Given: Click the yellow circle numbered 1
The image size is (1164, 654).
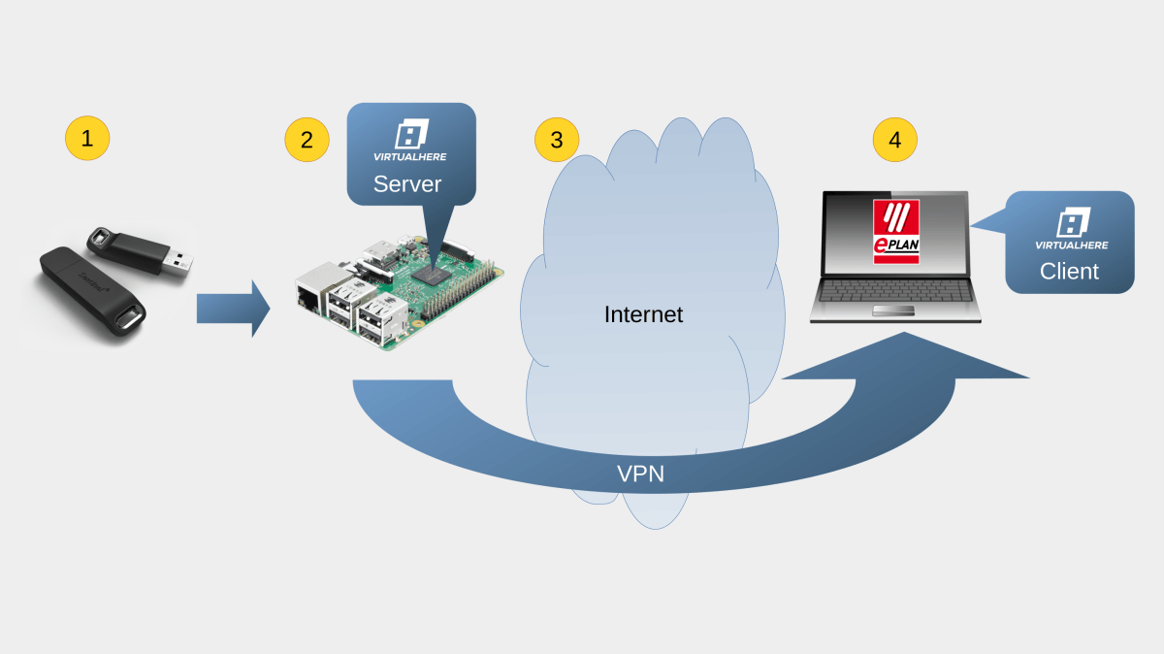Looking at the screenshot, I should pyautogui.click(x=87, y=139).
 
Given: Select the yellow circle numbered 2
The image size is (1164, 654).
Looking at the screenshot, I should pyautogui.click(x=307, y=139).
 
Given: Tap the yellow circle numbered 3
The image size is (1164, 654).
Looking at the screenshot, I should pyautogui.click(x=557, y=139).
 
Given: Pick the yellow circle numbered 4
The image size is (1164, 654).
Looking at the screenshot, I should pyautogui.click(x=894, y=139).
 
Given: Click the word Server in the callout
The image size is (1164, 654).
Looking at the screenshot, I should pyautogui.click(x=407, y=184).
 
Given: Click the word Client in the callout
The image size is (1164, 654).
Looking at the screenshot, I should pyautogui.click(x=1069, y=272).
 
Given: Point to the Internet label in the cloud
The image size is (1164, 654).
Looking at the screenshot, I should pyautogui.click(x=643, y=314).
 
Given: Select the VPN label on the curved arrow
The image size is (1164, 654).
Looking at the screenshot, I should pyautogui.click(x=641, y=474).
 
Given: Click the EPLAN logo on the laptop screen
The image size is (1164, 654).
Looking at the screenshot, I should pyautogui.click(x=895, y=231).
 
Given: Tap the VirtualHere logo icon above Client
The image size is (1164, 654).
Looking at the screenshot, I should pyautogui.click(x=1073, y=222).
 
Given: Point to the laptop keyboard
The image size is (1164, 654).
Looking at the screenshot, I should pyautogui.click(x=895, y=290).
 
